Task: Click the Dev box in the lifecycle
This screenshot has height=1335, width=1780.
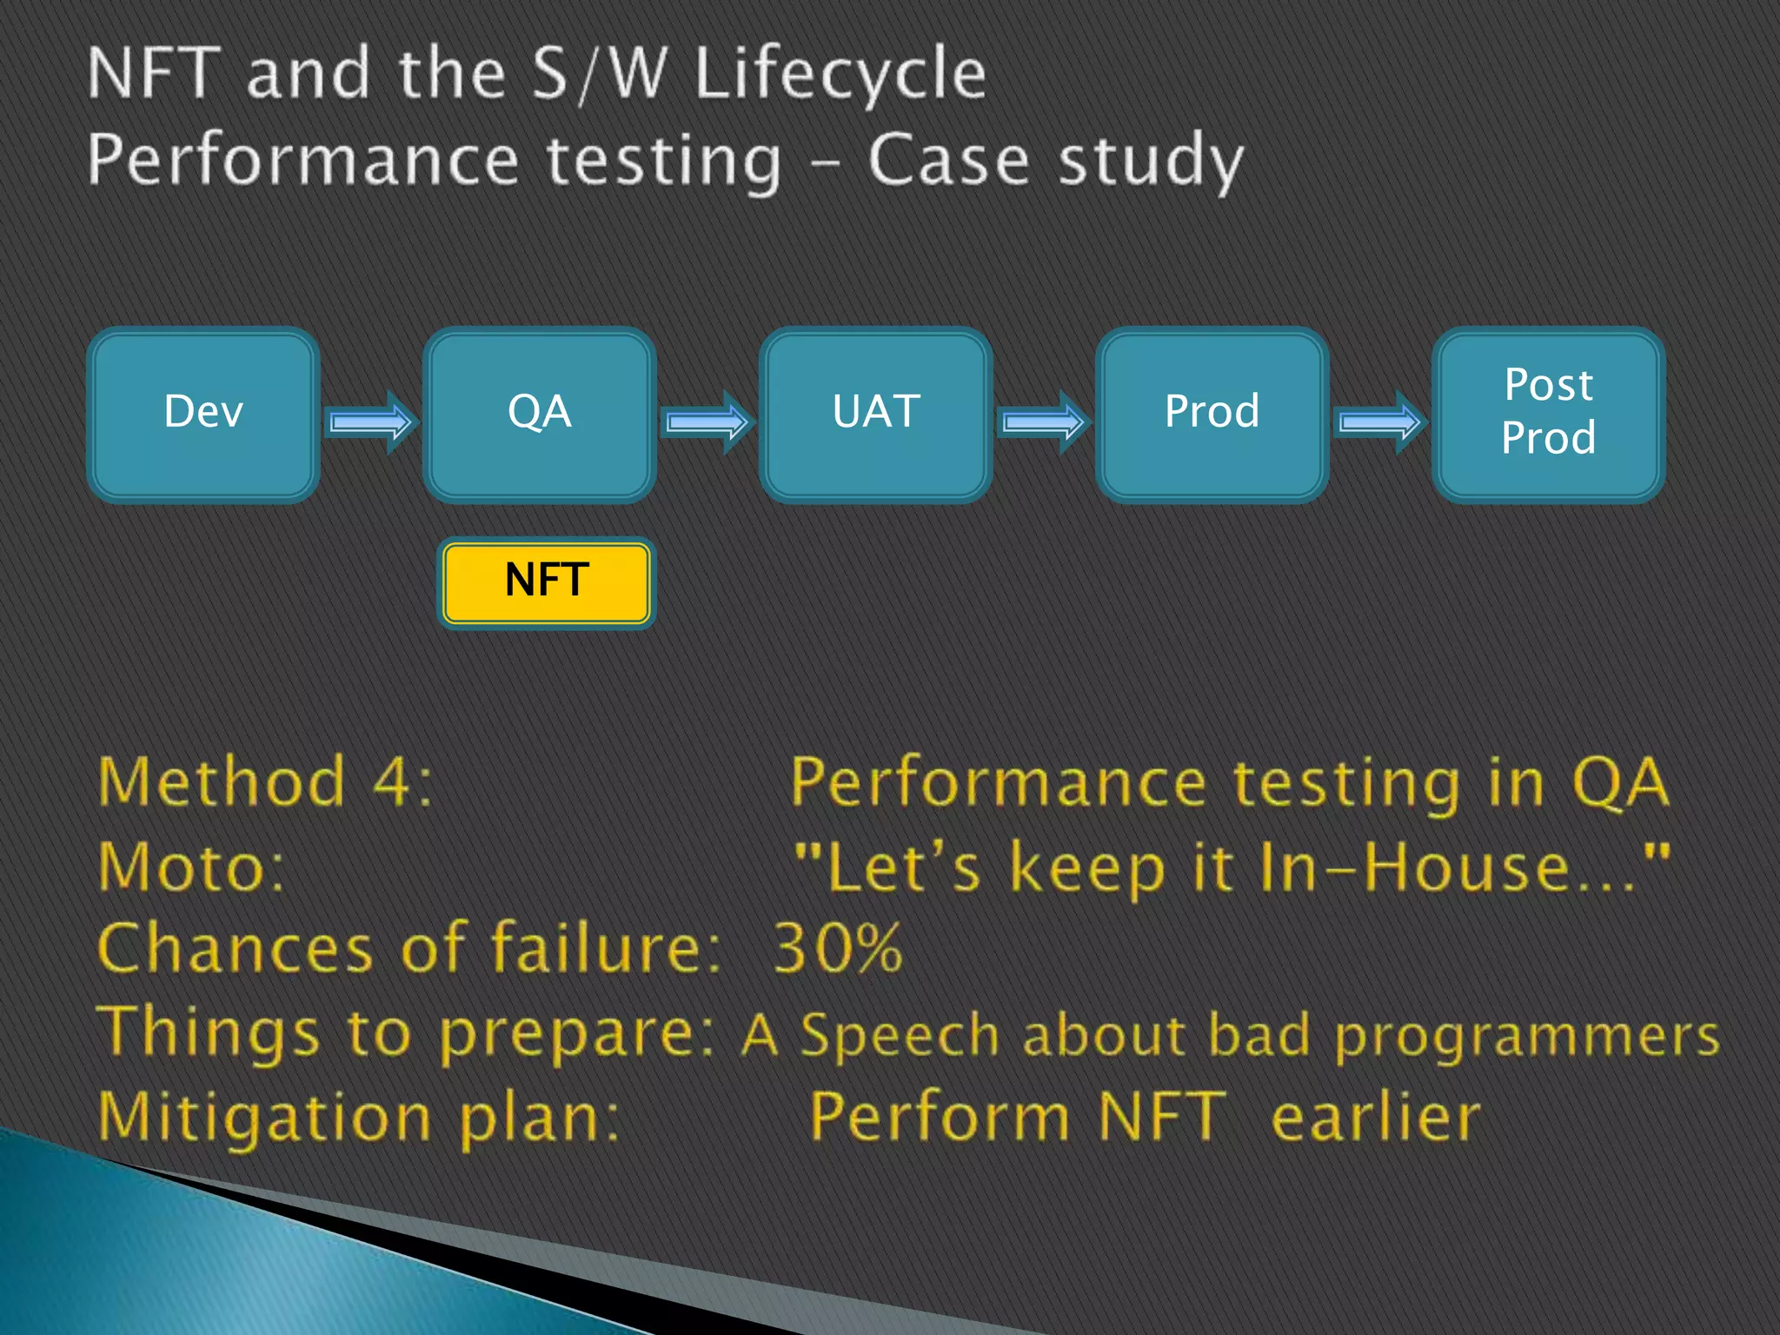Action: (x=203, y=415)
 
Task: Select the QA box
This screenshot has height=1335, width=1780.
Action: (x=539, y=415)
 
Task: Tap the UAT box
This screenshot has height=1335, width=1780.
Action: (x=875, y=415)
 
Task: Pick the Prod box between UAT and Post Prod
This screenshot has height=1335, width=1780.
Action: (x=1212, y=415)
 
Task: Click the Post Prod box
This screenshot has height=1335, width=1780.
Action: (x=1548, y=415)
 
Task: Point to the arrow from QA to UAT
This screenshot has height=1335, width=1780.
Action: (x=707, y=422)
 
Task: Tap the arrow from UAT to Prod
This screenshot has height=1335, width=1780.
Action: (x=1043, y=422)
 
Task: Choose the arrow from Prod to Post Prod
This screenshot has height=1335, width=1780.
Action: (x=1379, y=422)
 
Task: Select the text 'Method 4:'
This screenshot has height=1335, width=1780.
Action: (x=265, y=782)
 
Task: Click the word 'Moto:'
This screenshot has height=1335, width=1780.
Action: (x=191, y=867)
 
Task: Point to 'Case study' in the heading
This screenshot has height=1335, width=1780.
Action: (x=1055, y=162)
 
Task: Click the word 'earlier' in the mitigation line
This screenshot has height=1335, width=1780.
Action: (x=1375, y=1118)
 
